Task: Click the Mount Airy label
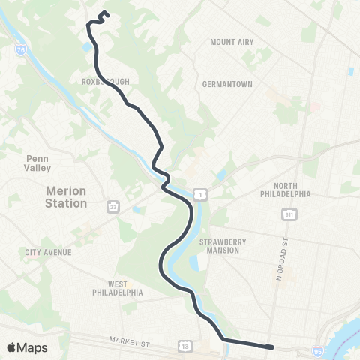pos(232,43)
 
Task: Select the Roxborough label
pos(102,77)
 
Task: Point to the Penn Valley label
pos(37,163)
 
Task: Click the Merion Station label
pos(66,197)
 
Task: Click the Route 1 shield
pos(200,195)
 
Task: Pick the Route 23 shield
pos(112,205)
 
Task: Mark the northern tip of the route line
pos(103,11)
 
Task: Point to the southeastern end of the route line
pos(271,346)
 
